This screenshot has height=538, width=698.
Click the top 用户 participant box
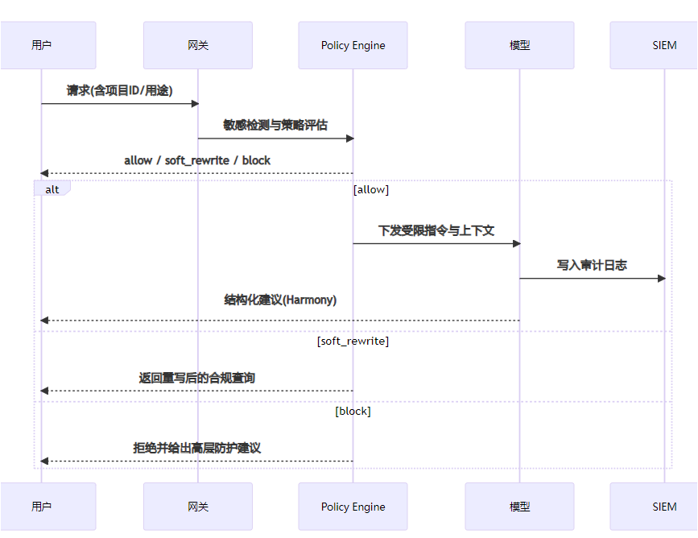click(41, 45)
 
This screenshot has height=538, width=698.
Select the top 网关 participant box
click(197, 45)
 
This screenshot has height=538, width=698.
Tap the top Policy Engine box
click(353, 45)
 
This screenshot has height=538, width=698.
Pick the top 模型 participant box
click(519, 45)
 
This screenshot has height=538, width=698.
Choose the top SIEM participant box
click(664, 45)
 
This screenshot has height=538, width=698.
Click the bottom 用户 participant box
click(41, 507)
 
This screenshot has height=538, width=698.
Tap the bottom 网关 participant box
click(197, 507)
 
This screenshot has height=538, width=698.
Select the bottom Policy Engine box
click(353, 507)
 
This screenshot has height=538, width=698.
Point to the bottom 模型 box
click(519, 507)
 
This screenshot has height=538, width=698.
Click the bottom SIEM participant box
click(664, 507)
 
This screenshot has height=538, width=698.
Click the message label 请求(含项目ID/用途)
click(119, 91)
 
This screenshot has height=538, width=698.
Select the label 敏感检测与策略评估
click(275, 126)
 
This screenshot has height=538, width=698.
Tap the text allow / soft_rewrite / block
click(197, 160)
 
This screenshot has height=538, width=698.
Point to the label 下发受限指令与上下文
click(436, 230)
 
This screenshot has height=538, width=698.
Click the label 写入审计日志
click(592, 265)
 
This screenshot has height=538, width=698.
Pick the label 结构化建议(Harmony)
click(280, 300)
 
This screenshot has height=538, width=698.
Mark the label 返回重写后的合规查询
click(197, 378)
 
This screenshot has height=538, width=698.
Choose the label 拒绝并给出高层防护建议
click(197, 448)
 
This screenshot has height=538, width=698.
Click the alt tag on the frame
click(52, 188)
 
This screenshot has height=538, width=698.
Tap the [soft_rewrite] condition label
click(353, 341)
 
